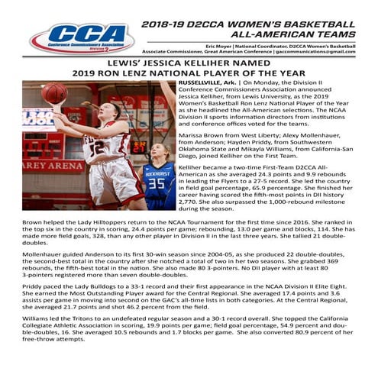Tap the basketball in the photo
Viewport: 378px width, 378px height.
(54, 94)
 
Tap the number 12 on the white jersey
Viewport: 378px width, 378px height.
(98, 147)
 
